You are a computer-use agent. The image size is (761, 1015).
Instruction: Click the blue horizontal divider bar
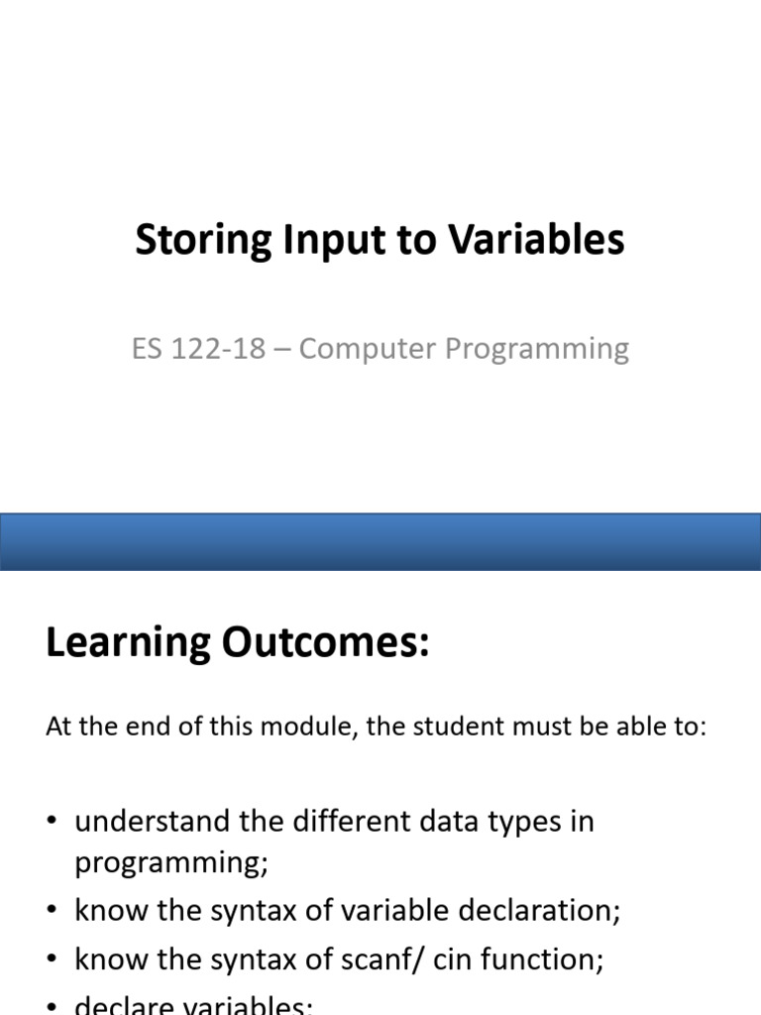tap(380, 541)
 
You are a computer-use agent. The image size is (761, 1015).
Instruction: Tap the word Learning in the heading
tap(128, 643)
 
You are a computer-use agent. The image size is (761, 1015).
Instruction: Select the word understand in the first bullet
tap(151, 822)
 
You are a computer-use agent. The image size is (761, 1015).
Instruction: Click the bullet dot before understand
tap(53, 823)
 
